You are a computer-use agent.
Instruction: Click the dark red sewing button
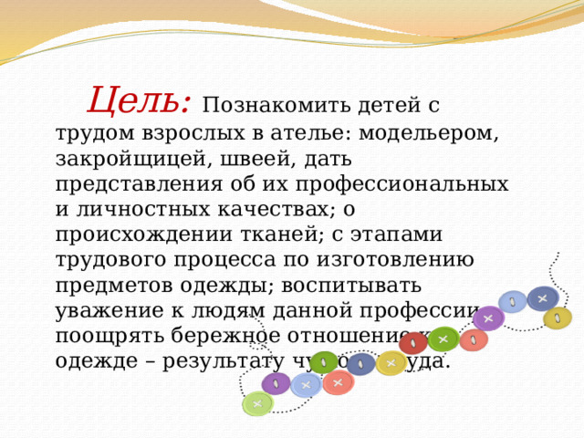tap(413, 344)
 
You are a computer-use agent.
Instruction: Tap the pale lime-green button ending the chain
tap(257, 403)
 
